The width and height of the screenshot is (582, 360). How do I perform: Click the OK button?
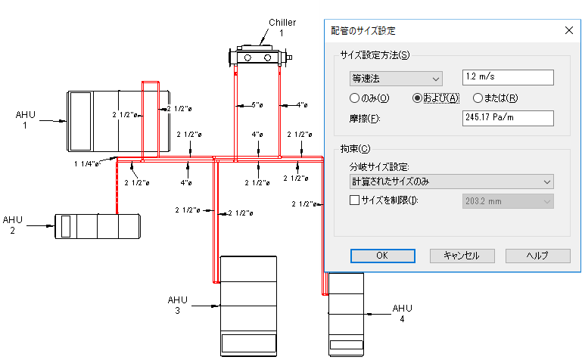[382, 256]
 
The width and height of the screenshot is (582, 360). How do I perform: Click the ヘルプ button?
[537, 256]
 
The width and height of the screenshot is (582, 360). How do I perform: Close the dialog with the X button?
[568, 31]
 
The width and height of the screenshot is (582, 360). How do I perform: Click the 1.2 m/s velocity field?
[508, 78]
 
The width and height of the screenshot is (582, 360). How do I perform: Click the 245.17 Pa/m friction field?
[508, 118]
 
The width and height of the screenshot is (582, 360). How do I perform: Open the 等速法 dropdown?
[396, 78]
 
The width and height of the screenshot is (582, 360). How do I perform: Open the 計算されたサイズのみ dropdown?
[451, 182]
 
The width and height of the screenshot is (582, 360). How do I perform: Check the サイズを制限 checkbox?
[354, 200]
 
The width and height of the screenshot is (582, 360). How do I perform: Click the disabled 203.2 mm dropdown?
[507, 201]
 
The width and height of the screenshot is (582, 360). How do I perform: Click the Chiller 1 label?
[282, 27]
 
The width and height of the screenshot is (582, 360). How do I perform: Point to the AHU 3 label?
[176, 305]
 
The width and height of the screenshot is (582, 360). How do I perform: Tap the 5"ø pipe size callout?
[257, 104]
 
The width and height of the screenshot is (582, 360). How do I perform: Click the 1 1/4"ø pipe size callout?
[88, 163]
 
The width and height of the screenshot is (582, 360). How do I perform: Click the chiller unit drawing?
[258, 56]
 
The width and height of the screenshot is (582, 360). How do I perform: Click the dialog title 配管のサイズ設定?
[363, 31]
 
